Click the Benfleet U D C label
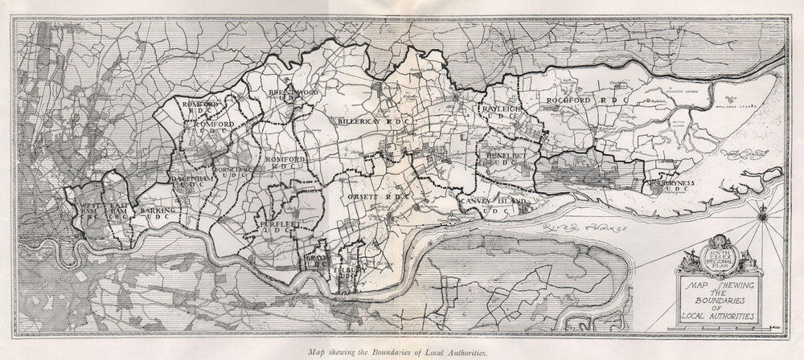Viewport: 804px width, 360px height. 505,160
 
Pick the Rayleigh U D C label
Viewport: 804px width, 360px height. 500,115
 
